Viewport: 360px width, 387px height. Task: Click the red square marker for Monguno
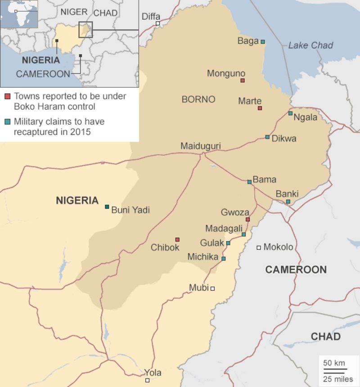[x=243, y=81]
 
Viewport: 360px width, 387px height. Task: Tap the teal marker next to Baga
[x=263, y=42]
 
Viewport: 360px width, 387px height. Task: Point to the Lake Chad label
[x=310, y=45]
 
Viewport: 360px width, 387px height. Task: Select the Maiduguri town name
[x=200, y=146]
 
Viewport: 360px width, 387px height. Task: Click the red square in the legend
[x=8, y=96]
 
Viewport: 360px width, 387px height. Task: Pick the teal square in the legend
[x=8, y=121]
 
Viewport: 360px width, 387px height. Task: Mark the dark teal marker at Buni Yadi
[x=107, y=207]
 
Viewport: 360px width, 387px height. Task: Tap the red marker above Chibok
[x=177, y=239]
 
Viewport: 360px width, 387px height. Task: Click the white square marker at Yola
[x=147, y=380]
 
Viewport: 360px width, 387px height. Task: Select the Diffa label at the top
[x=151, y=17]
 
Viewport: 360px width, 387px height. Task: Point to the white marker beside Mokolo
[x=259, y=247]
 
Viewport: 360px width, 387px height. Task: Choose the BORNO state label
[x=198, y=99]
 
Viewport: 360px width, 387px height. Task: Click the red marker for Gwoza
[x=247, y=220]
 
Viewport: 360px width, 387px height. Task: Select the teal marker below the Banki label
[x=288, y=202]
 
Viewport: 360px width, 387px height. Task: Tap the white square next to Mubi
[x=213, y=288]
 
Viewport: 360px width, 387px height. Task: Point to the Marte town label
[x=250, y=101]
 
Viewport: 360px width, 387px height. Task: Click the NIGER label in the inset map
[x=74, y=12]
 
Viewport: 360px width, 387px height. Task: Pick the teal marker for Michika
[x=223, y=259]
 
